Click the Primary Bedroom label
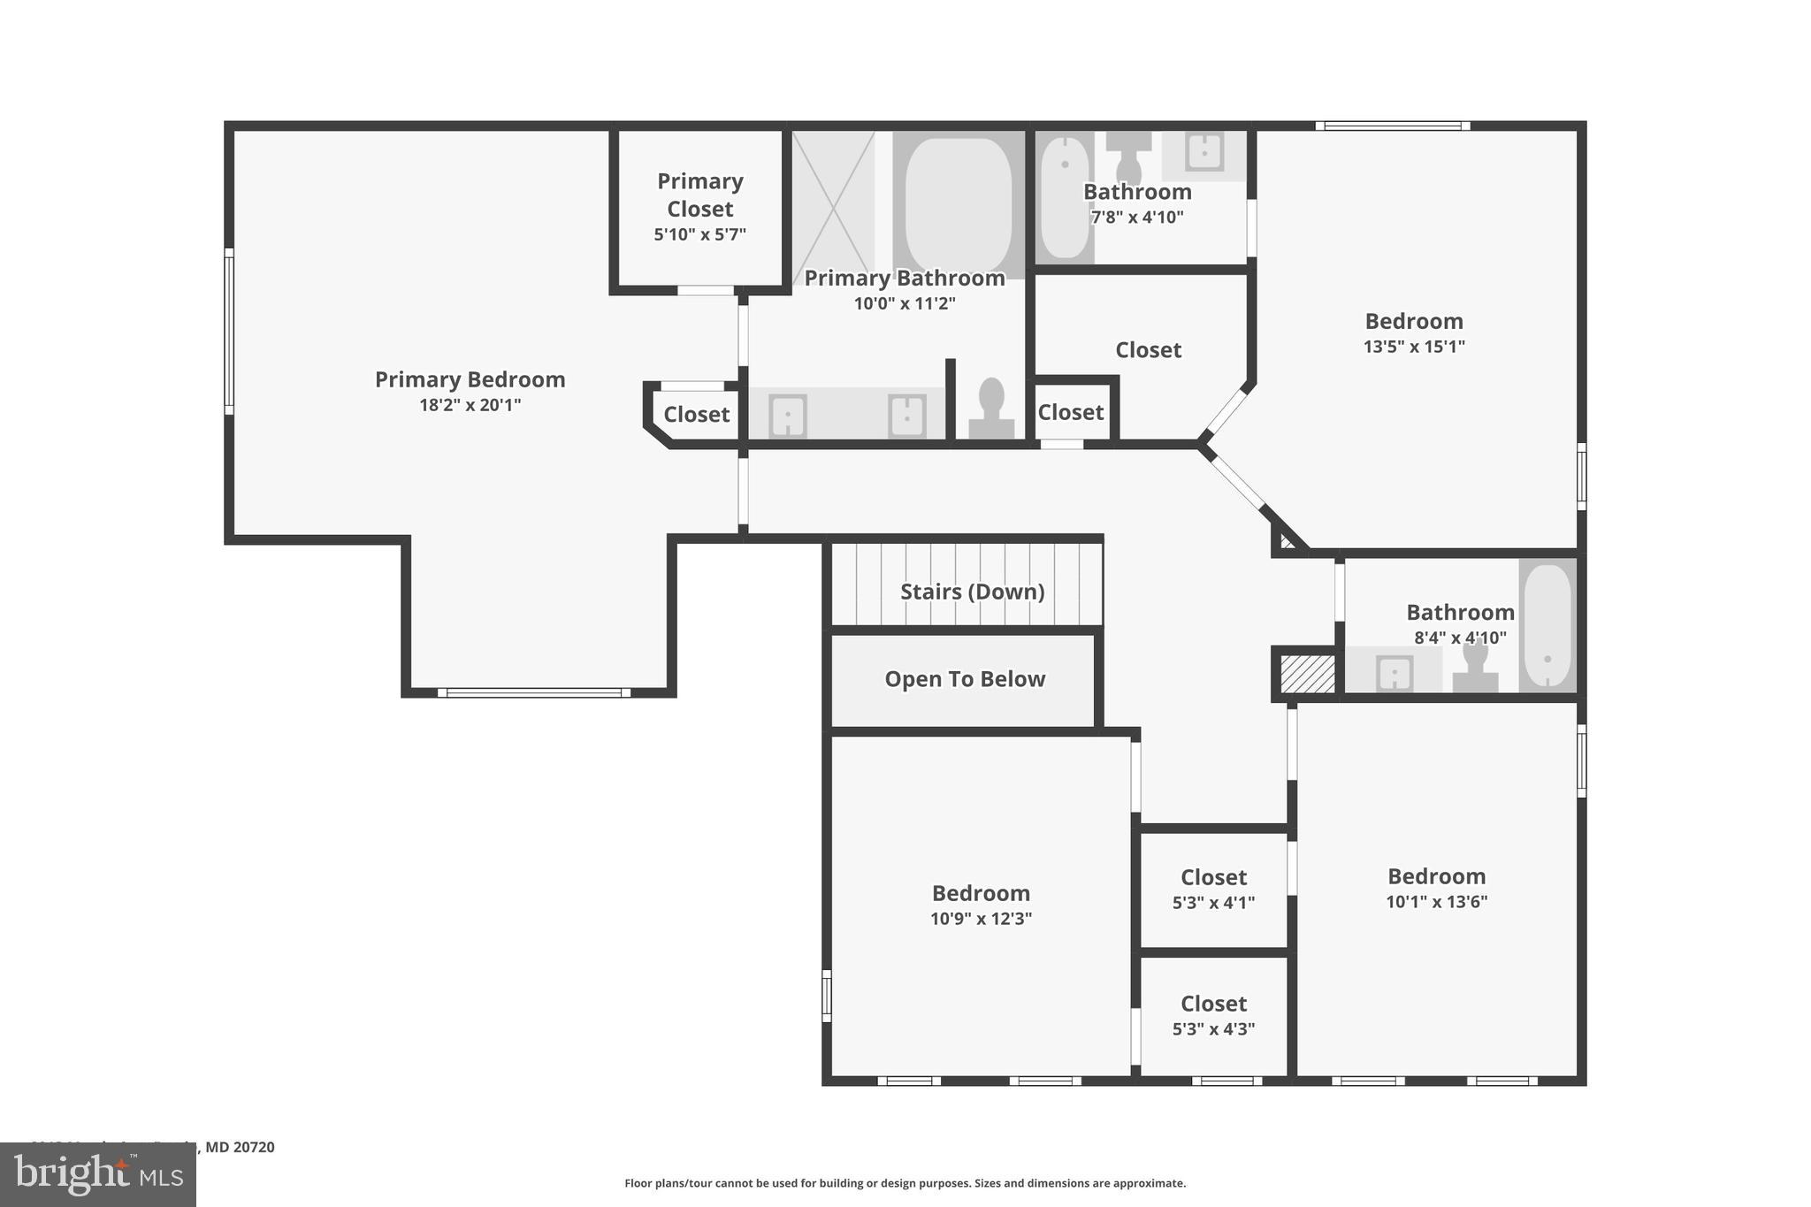(470, 379)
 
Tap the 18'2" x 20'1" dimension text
(470, 405)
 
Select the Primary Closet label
(699, 195)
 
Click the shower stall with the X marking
(832, 202)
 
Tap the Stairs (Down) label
(972, 592)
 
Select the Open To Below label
(965, 679)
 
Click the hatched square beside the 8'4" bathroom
(1307, 674)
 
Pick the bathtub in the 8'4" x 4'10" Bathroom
(1547, 624)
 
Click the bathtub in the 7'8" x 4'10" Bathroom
(1064, 196)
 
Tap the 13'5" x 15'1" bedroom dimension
(1413, 347)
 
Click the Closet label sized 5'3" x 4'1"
(1213, 877)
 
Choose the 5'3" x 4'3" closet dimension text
(1213, 1029)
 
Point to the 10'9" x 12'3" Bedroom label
(981, 893)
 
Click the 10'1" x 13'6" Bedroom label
(1436, 876)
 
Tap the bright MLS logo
(98, 1174)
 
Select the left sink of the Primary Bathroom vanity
(787, 416)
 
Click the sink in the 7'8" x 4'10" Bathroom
(1204, 151)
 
